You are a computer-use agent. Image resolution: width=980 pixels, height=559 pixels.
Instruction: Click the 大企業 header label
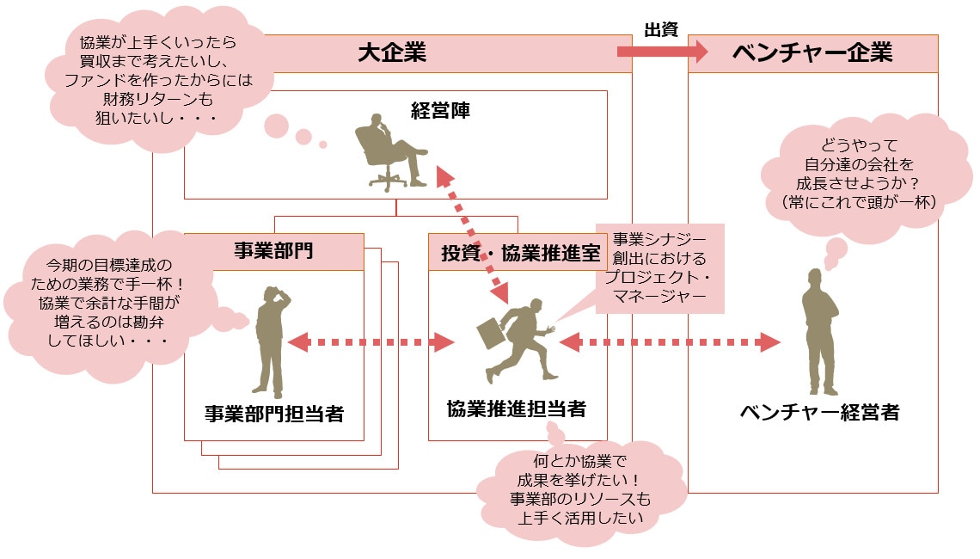coord(392,53)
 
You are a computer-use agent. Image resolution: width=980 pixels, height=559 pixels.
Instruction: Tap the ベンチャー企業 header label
coord(812,53)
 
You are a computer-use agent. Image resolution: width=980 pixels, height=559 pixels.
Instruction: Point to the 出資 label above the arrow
coord(661,29)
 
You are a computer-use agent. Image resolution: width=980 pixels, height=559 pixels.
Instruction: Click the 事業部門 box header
coord(273,251)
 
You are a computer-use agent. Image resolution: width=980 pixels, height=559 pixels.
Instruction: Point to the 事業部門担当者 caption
coord(274,413)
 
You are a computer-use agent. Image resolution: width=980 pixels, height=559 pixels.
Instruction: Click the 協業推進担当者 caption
coord(517,408)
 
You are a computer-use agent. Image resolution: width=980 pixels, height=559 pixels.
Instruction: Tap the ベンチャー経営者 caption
coord(819,412)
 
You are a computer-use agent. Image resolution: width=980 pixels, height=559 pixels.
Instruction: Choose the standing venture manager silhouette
coord(818,331)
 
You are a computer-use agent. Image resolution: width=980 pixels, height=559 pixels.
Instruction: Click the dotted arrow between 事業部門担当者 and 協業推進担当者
coord(371,342)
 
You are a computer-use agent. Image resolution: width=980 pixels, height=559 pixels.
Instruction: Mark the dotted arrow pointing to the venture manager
coord(671,342)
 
